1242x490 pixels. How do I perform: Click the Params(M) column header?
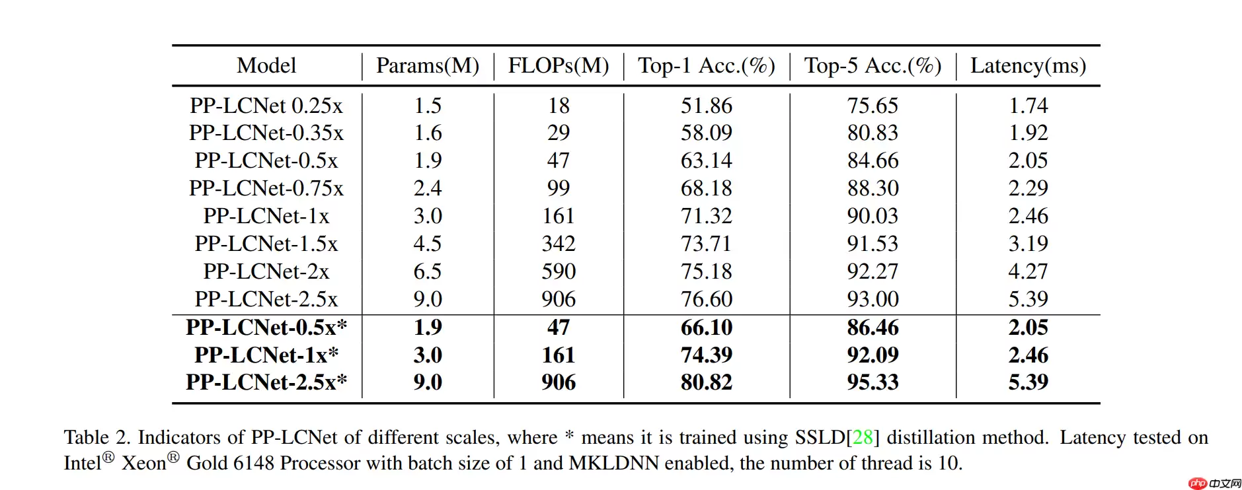pyautogui.click(x=428, y=66)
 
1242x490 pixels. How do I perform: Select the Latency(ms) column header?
pyautogui.click(x=1028, y=66)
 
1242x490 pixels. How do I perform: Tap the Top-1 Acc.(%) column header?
pyautogui.click(x=706, y=66)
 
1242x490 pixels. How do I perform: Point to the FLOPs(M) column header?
pyautogui.click(x=559, y=66)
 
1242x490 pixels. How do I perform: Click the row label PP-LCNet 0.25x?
pyautogui.click(x=266, y=106)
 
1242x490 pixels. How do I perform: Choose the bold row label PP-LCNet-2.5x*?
pyautogui.click(x=266, y=382)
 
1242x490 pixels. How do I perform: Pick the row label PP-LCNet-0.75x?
pyautogui.click(x=266, y=189)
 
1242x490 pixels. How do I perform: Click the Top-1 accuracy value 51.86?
pyautogui.click(x=707, y=106)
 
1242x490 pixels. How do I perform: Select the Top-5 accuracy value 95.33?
pyautogui.click(x=873, y=382)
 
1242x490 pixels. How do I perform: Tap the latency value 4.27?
pyautogui.click(x=1028, y=271)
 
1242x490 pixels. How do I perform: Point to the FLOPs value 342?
pyautogui.click(x=559, y=244)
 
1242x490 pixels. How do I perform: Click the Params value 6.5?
pyautogui.click(x=428, y=271)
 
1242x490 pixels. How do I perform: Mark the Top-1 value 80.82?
pyautogui.click(x=707, y=382)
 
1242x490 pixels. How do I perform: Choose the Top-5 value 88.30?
pyautogui.click(x=873, y=189)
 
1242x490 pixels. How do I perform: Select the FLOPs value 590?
pyautogui.click(x=559, y=271)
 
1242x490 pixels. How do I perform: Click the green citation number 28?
pyautogui.click(x=863, y=438)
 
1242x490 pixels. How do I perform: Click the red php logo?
pyautogui.click(x=1197, y=483)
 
